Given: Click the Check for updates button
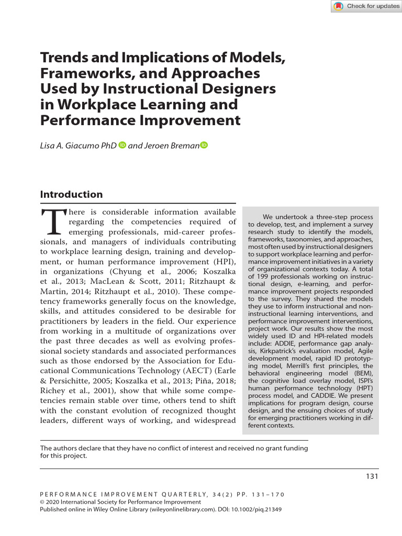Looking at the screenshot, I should pos(366,6).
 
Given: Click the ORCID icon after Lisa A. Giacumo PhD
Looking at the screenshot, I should pos(122,144).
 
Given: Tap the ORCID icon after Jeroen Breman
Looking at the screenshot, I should pos(204,144).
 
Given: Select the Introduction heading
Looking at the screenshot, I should pos(71,195).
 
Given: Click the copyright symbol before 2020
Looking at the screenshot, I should pos(42,501).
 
